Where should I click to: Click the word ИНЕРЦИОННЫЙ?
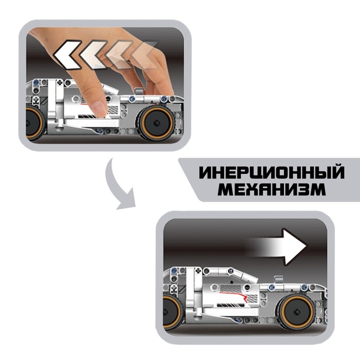(x=272, y=172)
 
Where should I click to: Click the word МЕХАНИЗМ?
(x=272, y=189)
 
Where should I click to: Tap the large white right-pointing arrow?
(x=279, y=247)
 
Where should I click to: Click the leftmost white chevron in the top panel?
(x=67, y=55)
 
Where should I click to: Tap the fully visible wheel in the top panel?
(x=156, y=123)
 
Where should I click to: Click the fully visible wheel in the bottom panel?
(x=296, y=312)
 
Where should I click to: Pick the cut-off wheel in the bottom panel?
(x=172, y=312)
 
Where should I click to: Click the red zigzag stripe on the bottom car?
(x=235, y=296)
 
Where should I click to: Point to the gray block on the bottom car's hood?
(x=278, y=280)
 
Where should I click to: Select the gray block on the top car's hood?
(x=138, y=92)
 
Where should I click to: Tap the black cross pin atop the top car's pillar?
(x=60, y=82)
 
